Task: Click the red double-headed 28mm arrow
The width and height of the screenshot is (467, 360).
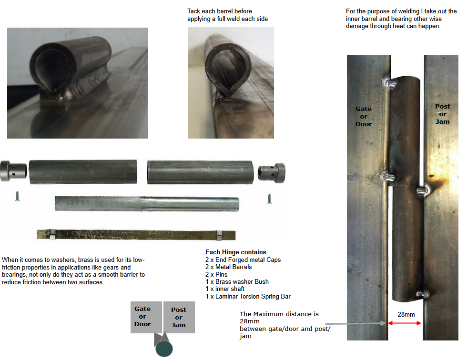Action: (405, 323)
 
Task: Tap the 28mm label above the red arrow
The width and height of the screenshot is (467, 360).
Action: (406, 314)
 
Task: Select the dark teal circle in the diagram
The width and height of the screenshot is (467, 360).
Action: (164, 349)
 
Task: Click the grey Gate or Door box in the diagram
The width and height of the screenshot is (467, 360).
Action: (146, 317)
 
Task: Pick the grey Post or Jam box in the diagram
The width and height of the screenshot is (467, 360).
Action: (179, 318)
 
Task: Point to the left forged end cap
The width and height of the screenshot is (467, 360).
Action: (13, 171)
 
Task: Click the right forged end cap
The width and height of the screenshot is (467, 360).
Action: (272, 173)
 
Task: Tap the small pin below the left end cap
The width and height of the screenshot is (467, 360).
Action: (17, 196)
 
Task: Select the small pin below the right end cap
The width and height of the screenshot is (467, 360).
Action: (269, 199)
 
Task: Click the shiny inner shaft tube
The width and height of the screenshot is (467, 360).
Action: (147, 204)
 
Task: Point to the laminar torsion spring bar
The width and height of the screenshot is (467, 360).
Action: (136, 235)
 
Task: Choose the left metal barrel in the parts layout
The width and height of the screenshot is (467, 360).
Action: (83, 172)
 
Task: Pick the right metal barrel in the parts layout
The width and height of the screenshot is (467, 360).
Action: (200, 172)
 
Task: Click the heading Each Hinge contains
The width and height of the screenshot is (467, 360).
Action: (235, 252)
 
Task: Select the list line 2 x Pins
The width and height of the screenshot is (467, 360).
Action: (216, 274)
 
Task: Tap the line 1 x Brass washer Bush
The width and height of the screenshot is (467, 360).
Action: (237, 281)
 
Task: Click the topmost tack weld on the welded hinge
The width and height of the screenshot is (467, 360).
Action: (390, 83)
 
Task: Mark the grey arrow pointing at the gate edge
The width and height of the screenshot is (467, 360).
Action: (355, 323)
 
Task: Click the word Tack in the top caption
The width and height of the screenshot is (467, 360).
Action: (193, 11)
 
